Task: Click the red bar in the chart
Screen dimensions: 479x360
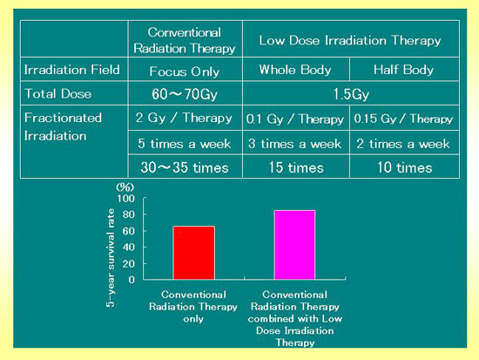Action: (194, 253)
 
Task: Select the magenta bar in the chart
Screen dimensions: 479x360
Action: (294, 245)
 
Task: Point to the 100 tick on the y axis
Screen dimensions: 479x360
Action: (126, 199)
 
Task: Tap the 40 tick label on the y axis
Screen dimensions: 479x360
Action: (129, 248)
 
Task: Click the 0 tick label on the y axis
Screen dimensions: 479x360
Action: (132, 280)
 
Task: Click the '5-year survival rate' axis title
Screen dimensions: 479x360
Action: (111, 257)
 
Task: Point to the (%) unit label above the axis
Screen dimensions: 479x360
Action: (125, 187)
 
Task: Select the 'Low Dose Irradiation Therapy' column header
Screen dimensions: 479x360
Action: (350, 40)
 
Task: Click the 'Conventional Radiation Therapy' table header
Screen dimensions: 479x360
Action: (185, 40)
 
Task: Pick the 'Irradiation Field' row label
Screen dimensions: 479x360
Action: (71, 70)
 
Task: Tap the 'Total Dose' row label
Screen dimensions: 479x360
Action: (57, 93)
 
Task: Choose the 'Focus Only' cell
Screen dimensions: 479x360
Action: (185, 71)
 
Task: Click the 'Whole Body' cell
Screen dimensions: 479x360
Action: (295, 70)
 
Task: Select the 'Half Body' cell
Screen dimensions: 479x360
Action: (403, 70)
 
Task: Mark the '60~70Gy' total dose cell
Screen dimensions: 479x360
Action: (185, 93)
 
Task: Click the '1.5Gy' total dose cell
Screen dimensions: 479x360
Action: (351, 94)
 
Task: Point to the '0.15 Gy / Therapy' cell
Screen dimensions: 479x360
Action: (403, 119)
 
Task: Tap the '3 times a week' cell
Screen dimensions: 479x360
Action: (294, 144)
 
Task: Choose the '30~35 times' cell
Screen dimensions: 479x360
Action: (185, 167)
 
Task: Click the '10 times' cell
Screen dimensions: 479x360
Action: (404, 167)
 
